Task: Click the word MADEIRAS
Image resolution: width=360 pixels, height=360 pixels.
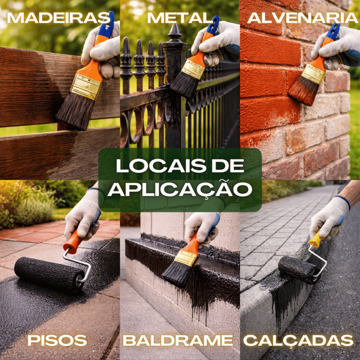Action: [59, 18]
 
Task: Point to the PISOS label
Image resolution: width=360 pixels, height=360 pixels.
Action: [57, 340]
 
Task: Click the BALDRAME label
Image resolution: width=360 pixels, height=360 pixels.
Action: [178, 340]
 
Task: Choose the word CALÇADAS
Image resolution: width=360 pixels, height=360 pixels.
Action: [298, 341]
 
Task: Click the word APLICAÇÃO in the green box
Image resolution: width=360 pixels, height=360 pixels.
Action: [180, 189]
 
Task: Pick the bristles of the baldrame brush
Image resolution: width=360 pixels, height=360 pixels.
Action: [176, 275]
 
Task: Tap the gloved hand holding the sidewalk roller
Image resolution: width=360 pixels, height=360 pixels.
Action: [329, 218]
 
